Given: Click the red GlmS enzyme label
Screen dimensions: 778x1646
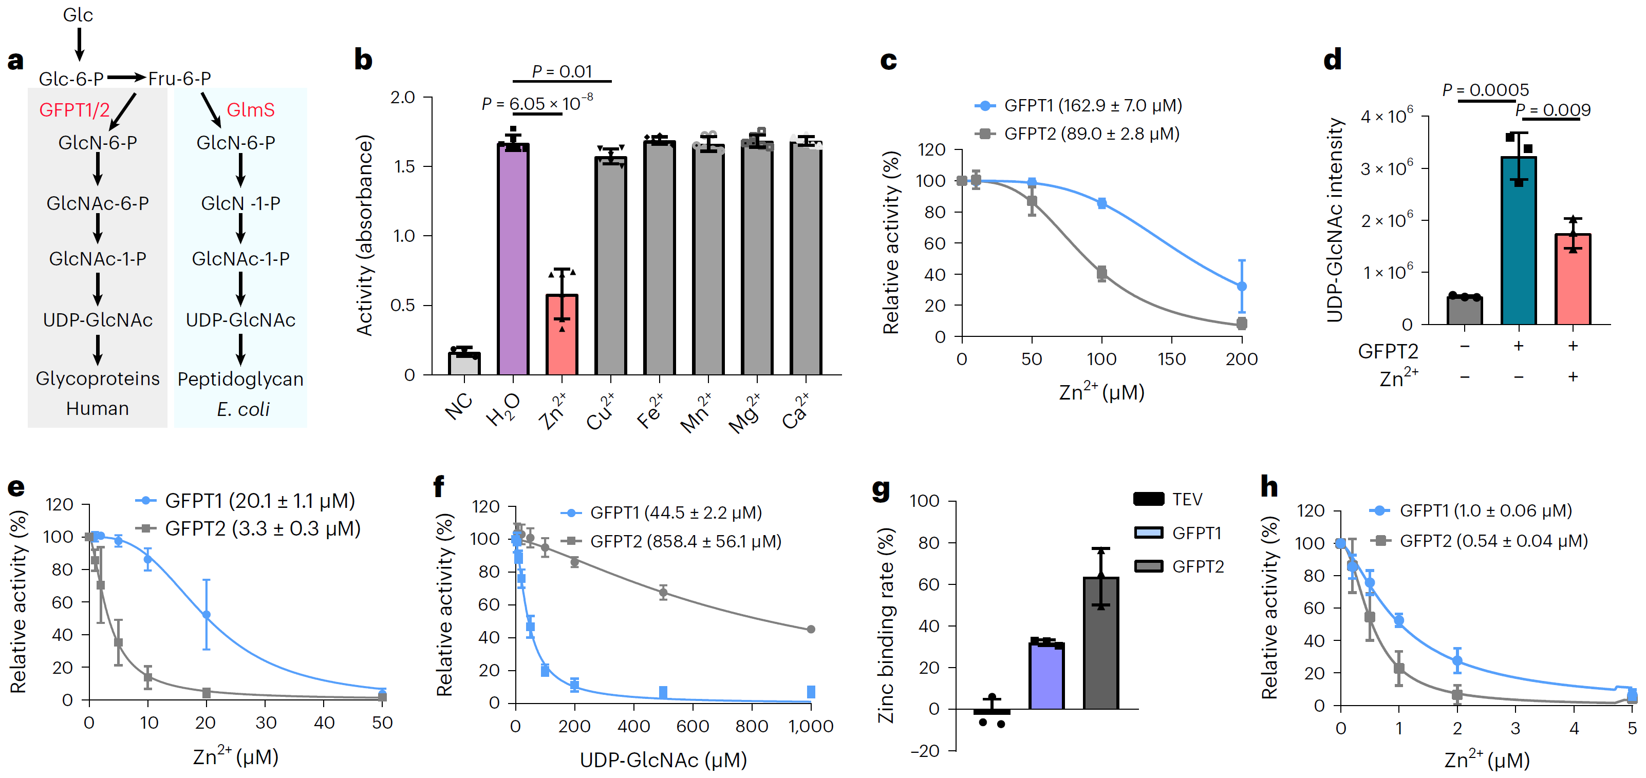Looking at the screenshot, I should point(251,110).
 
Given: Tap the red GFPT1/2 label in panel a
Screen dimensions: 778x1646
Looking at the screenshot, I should point(74,110).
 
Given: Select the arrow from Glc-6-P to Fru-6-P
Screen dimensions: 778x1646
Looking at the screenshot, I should point(126,78).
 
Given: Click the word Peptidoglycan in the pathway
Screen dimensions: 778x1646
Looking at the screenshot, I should point(240,379).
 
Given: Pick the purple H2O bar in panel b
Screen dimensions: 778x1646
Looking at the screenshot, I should point(513,259).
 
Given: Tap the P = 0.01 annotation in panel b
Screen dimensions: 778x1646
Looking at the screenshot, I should point(562,71).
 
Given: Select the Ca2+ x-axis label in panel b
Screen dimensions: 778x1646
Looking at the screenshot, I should point(796,412).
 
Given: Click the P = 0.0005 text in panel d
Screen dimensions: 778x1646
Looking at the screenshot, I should point(1485,90).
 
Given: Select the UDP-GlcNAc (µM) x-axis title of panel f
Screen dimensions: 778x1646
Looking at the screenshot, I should point(663,760).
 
